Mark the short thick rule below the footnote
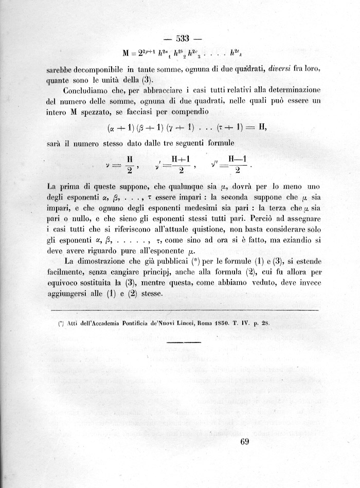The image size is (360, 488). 184,342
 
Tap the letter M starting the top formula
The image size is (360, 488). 126,53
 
